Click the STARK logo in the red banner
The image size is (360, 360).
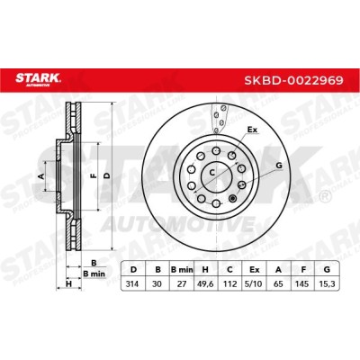(39, 79)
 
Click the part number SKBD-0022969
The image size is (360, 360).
(294, 80)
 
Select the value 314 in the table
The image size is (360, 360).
(132, 283)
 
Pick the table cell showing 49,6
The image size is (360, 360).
(205, 284)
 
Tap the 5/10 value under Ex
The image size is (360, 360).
(254, 283)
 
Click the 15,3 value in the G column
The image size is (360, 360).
(327, 284)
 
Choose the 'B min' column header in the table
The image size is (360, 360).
(182, 270)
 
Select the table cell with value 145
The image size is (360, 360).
(302, 283)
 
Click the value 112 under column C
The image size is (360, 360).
(229, 283)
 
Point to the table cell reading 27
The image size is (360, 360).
(182, 283)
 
